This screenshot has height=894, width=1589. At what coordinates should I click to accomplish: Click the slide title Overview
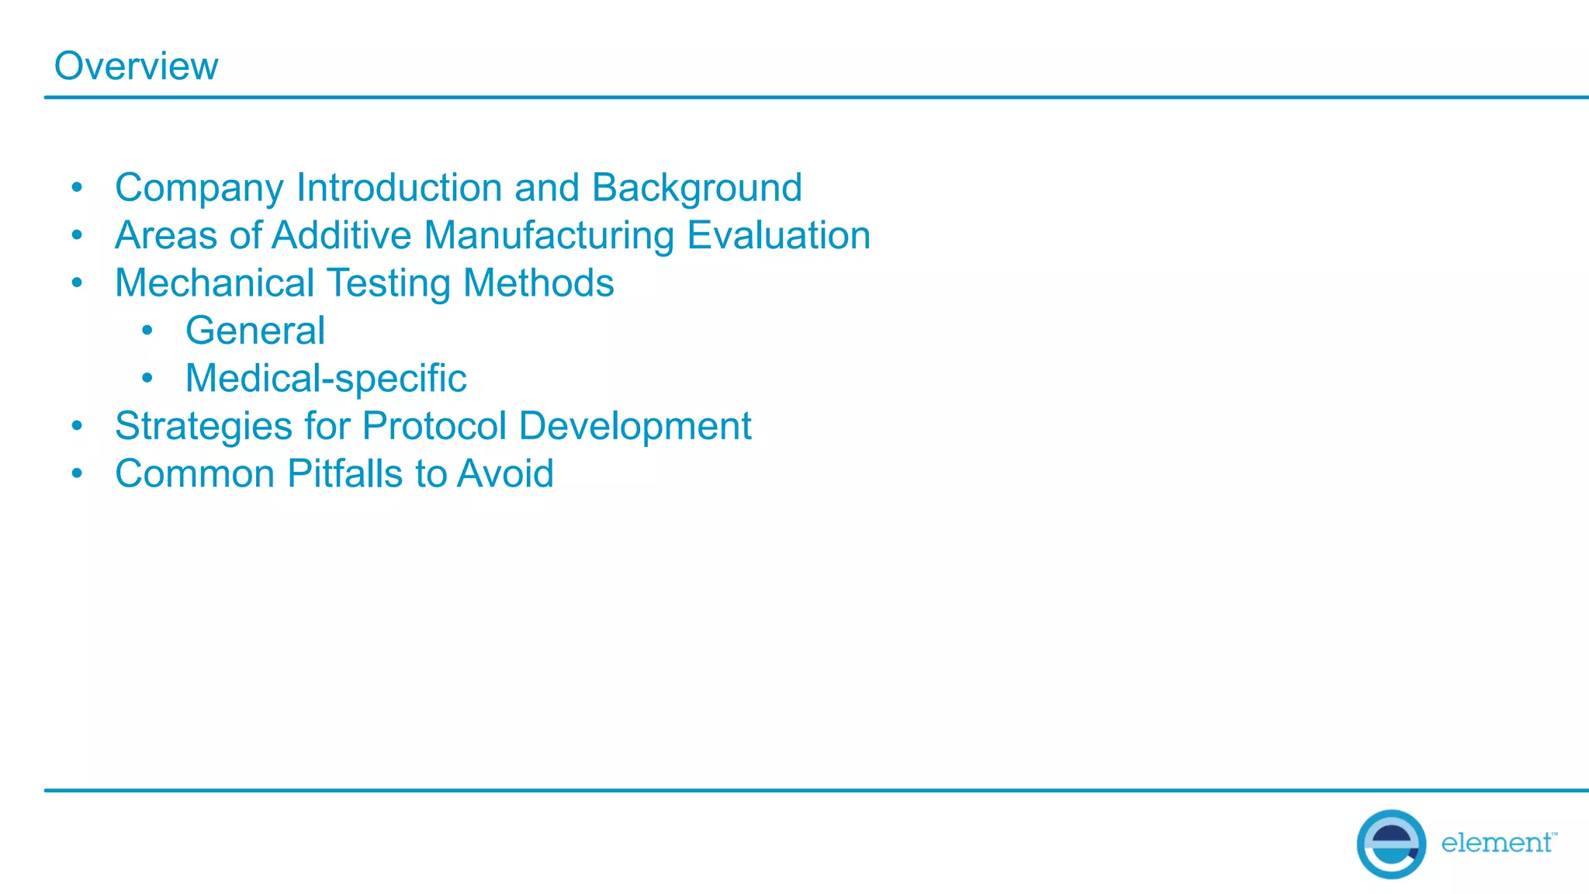tap(136, 66)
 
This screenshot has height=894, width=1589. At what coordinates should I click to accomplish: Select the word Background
tap(696, 189)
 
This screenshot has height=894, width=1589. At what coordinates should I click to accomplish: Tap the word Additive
tap(341, 236)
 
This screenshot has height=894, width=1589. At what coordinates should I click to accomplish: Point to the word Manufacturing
tap(549, 236)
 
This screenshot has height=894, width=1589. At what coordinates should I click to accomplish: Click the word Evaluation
tap(778, 236)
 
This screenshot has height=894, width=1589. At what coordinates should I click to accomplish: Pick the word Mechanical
tap(214, 283)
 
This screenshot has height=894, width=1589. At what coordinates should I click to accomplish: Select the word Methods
tap(538, 283)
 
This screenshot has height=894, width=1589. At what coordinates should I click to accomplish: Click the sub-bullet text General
tap(255, 331)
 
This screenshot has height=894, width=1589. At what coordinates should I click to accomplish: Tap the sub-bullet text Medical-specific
tap(326, 379)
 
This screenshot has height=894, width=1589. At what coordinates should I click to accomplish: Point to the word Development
tap(635, 427)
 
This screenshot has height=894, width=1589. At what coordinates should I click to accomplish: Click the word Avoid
tap(505, 474)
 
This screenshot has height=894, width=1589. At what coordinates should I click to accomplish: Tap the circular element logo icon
tap(1390, 844)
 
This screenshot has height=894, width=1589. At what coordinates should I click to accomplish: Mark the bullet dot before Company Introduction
tap(77, 187)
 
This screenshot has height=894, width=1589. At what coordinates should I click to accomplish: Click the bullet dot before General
tap(147, 331)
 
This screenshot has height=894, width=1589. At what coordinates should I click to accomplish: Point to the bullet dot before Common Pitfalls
tap(77, 473)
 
